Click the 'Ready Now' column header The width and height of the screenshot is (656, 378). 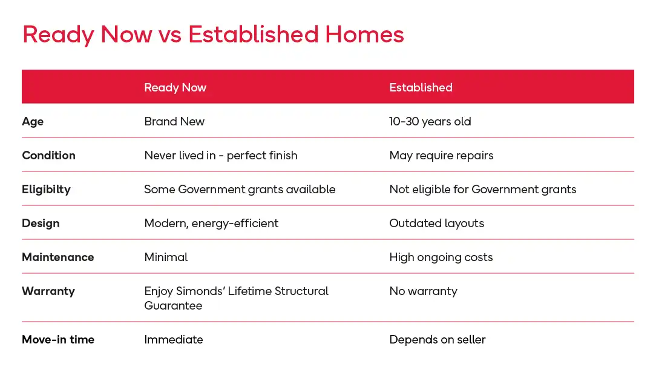tap(175, 87)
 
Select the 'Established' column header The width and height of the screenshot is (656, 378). tap(421, 87)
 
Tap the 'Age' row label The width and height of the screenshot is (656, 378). tap(33, 122)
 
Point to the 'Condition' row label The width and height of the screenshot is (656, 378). tap(48, 155)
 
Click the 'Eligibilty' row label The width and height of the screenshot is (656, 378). tap(46, 190)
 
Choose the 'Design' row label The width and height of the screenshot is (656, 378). tap(41, 224)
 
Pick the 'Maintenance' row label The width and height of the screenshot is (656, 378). tap(57, 257)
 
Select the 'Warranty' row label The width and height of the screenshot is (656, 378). tap(48, 291)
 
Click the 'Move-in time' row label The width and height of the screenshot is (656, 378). tap(58, 339)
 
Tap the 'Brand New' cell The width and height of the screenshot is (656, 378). tap(174, 121)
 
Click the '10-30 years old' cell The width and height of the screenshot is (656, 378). tap(430, 122)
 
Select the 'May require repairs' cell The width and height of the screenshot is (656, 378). tap(441, 156)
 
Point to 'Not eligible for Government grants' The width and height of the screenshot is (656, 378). tap(483, 190)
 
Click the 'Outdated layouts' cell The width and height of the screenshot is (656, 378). tap(437, 224)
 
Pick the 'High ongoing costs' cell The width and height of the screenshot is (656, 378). tap(441, 257)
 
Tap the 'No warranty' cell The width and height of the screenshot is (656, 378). tap(424, 291)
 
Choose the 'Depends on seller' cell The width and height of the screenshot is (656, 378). tap(438, 339)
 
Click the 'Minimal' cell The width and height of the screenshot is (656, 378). tap(166, 257)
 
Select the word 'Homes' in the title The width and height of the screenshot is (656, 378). tap(364, 35)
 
